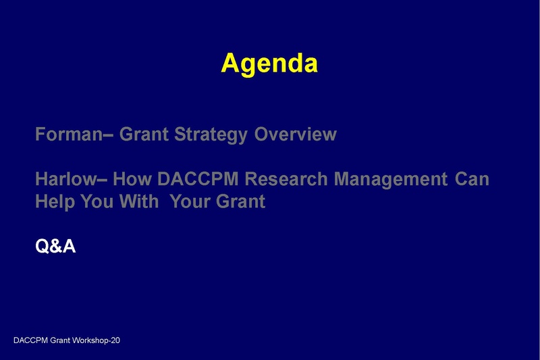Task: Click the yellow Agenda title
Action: [269, 63]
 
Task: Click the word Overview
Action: [295, 134]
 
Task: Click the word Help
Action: [54, 202]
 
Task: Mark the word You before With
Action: [98, 202]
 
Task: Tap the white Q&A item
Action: [55, 247]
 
